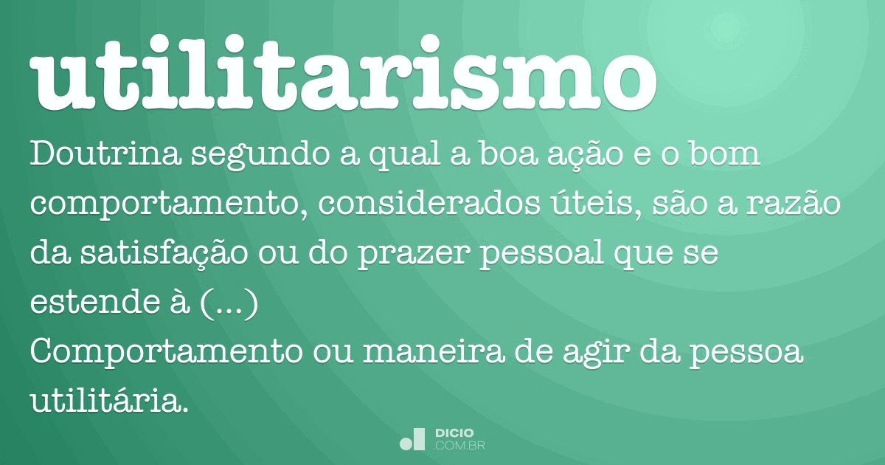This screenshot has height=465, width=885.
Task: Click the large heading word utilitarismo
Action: [343, 73]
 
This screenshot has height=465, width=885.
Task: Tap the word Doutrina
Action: [106, 154]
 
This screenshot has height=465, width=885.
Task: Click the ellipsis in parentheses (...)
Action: [229, 303]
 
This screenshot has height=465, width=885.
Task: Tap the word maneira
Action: [434, 351]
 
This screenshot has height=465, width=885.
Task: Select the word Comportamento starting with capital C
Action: [167, 353]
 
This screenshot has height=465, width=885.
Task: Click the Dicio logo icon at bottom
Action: [412, 439]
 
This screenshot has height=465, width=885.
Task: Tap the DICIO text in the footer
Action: [454, 433]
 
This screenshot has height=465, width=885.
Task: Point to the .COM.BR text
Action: [459, 447]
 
